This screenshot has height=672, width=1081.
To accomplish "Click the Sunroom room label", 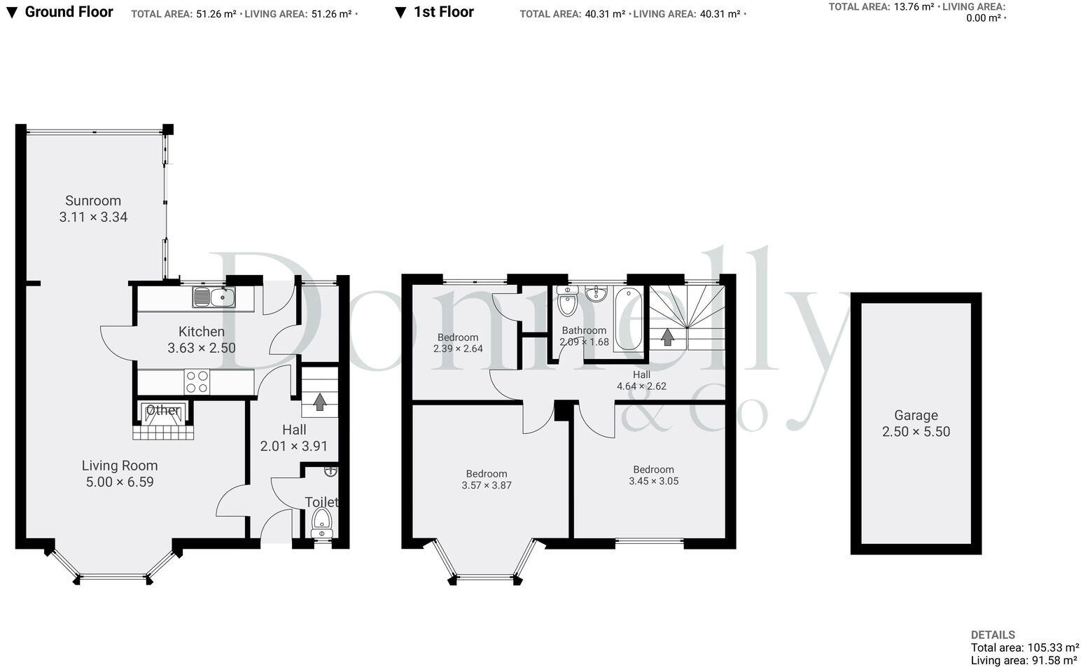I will (x=93, y=201).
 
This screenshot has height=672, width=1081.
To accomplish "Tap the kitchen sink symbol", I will (x=214, y=297).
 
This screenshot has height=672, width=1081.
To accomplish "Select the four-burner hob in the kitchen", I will (x=197, y=382).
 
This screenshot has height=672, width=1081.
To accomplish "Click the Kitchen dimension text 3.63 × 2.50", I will (x=202, y=348).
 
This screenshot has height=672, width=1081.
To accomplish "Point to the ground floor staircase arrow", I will (x=319, y=402).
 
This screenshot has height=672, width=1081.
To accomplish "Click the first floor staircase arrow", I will (x=667, y=337).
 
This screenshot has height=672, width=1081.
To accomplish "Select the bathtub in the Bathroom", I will (x=629, y=319).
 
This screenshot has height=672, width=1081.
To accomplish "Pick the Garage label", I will (x=916, y=415).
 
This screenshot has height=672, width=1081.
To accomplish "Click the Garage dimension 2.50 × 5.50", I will (x=916, y=432).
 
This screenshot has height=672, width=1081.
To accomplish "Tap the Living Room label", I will (x=120, y=465).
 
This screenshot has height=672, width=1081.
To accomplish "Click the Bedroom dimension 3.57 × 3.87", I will (x=487, y=485).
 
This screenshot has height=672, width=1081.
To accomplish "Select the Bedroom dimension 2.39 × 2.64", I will (x=458, y=349).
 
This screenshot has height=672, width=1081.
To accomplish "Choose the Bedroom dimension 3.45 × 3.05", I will (x=653, y=481).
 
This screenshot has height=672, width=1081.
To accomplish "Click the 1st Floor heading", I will (x=443, y=12).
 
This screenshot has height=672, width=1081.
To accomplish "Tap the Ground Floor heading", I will (x=69, y=12).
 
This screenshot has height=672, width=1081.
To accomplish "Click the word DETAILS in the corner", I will (x=993, y=635).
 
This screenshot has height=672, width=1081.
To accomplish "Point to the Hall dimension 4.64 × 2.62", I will (x=641, y=386).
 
